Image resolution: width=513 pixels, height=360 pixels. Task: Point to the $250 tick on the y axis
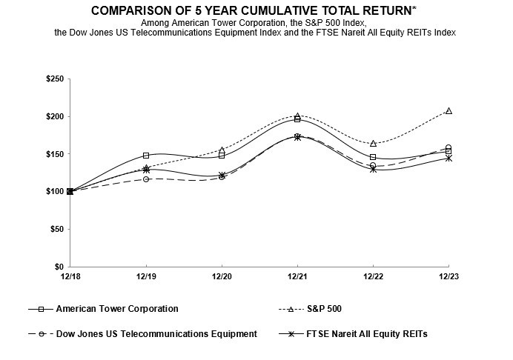tap(53, 79)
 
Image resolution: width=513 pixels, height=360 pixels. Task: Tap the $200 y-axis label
tap(53, 116)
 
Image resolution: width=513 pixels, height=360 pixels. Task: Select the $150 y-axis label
tap(53, 154)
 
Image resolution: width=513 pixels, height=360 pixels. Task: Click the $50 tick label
tap(56, 229)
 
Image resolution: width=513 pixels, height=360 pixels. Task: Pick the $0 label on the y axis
tap(59, 267)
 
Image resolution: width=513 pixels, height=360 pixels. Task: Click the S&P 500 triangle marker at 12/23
tap(449, 111)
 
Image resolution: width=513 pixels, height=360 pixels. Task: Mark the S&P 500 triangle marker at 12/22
tap(373, 143)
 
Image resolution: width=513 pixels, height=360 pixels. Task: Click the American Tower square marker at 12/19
tap(146, 156)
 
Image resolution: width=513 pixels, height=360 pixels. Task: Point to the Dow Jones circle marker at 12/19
tap(146, 179)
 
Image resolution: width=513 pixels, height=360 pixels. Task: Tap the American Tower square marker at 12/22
tap(373, 157)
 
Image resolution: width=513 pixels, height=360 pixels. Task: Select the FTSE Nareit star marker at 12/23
tap(449, 158)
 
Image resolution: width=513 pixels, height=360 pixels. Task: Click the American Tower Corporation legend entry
tap(117, 309)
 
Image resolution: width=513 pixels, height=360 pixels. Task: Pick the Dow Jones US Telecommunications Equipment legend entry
tap(156, 334)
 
